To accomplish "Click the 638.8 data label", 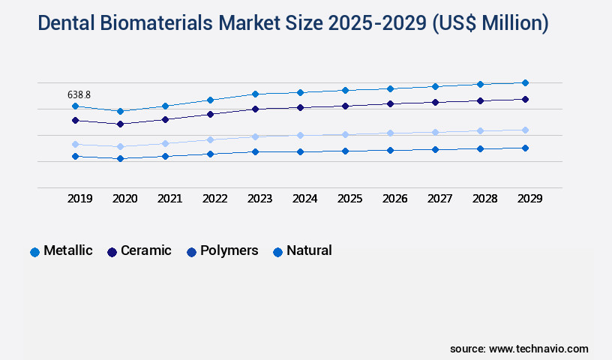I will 79,94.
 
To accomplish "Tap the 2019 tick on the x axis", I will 79,199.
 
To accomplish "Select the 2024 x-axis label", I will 304,199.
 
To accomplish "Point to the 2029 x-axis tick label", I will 529,199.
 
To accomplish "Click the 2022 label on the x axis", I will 214,199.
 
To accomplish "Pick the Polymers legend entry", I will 223,251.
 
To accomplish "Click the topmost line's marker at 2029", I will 525,82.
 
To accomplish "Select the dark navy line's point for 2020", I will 120,124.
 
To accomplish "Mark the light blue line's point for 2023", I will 255,136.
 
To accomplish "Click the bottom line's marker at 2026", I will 390,150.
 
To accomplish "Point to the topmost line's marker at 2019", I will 75,106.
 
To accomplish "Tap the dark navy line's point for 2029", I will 525,99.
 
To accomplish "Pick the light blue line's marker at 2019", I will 75,144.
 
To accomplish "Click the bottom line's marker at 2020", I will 120,158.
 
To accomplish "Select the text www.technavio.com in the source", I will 538,349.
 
